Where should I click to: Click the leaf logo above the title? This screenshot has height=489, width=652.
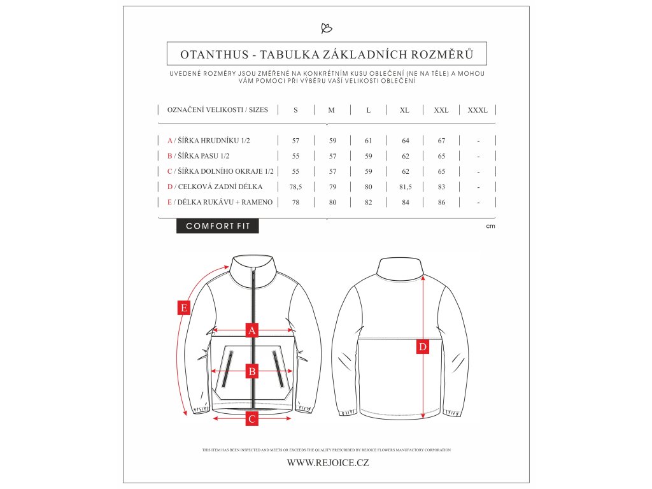[x=327, y=28]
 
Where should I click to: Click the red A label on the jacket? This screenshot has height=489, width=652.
[x=252, y=330]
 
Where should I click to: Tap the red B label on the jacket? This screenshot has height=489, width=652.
[x=252, y=371]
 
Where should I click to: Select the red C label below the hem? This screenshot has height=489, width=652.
[x=252, y=418]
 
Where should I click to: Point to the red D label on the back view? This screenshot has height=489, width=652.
[x=423, y=347]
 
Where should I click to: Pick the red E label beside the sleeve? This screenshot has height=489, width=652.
[x=184, y=308]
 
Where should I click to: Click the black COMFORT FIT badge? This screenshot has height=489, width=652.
[x=218, y=226]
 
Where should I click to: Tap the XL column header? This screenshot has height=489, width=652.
[x=404, y=110]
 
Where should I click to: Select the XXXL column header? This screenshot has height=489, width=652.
[x=478, y=110]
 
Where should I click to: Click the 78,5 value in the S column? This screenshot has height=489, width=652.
[x=295, y=187]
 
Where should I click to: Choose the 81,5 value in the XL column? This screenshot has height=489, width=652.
[x=404, y=187]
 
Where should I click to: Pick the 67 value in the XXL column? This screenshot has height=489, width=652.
[x=441, y=141]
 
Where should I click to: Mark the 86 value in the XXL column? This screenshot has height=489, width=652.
[x=441, y=202]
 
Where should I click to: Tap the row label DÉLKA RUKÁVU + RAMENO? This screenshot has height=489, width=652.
[x=225, y=202]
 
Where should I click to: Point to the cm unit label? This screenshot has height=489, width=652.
[x=490, y=226]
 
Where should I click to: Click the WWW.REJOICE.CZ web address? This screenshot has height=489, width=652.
[x=328, y=463]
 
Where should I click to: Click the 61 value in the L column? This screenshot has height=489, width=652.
[x=369, y=141]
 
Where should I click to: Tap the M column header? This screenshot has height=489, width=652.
[x=331, y=110]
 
